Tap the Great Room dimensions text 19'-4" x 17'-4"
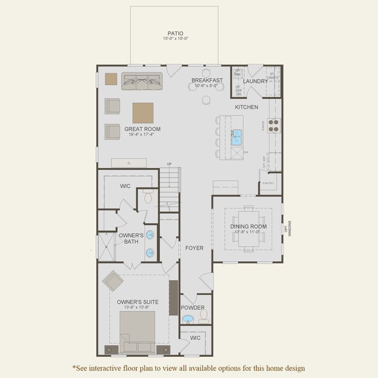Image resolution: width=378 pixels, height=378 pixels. point(143,135)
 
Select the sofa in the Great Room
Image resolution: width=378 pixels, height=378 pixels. point(142,81)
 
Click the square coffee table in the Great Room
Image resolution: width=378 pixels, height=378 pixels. point(143,113)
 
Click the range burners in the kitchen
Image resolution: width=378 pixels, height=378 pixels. point(275,125)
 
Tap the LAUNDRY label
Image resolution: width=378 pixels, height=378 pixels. point(256,81)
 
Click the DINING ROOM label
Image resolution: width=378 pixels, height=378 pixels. point(249,227)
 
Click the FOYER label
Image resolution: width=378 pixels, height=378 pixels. point(194,248)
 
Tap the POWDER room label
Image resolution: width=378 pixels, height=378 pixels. point(193,308)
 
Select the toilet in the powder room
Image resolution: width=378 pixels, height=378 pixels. point(204,314)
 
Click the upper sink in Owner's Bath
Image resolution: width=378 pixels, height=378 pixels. point(150,235)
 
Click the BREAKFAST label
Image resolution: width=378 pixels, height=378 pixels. point(207,80)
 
